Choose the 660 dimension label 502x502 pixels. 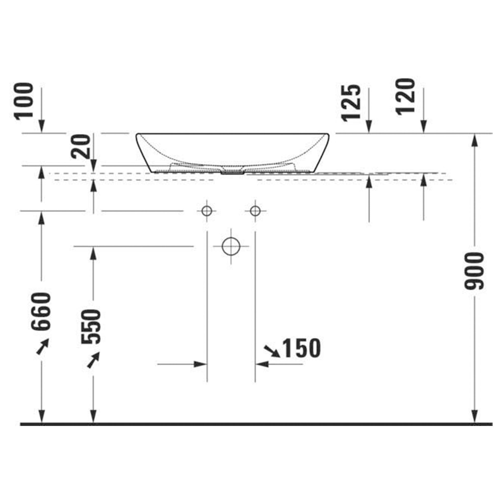(x=40, y=311)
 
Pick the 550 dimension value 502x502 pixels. (x=91, y=327)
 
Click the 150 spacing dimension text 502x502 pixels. (x=302, y=348)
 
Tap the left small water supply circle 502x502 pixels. (x=207, y=211)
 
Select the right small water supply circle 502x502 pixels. (x=255, y=211)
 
